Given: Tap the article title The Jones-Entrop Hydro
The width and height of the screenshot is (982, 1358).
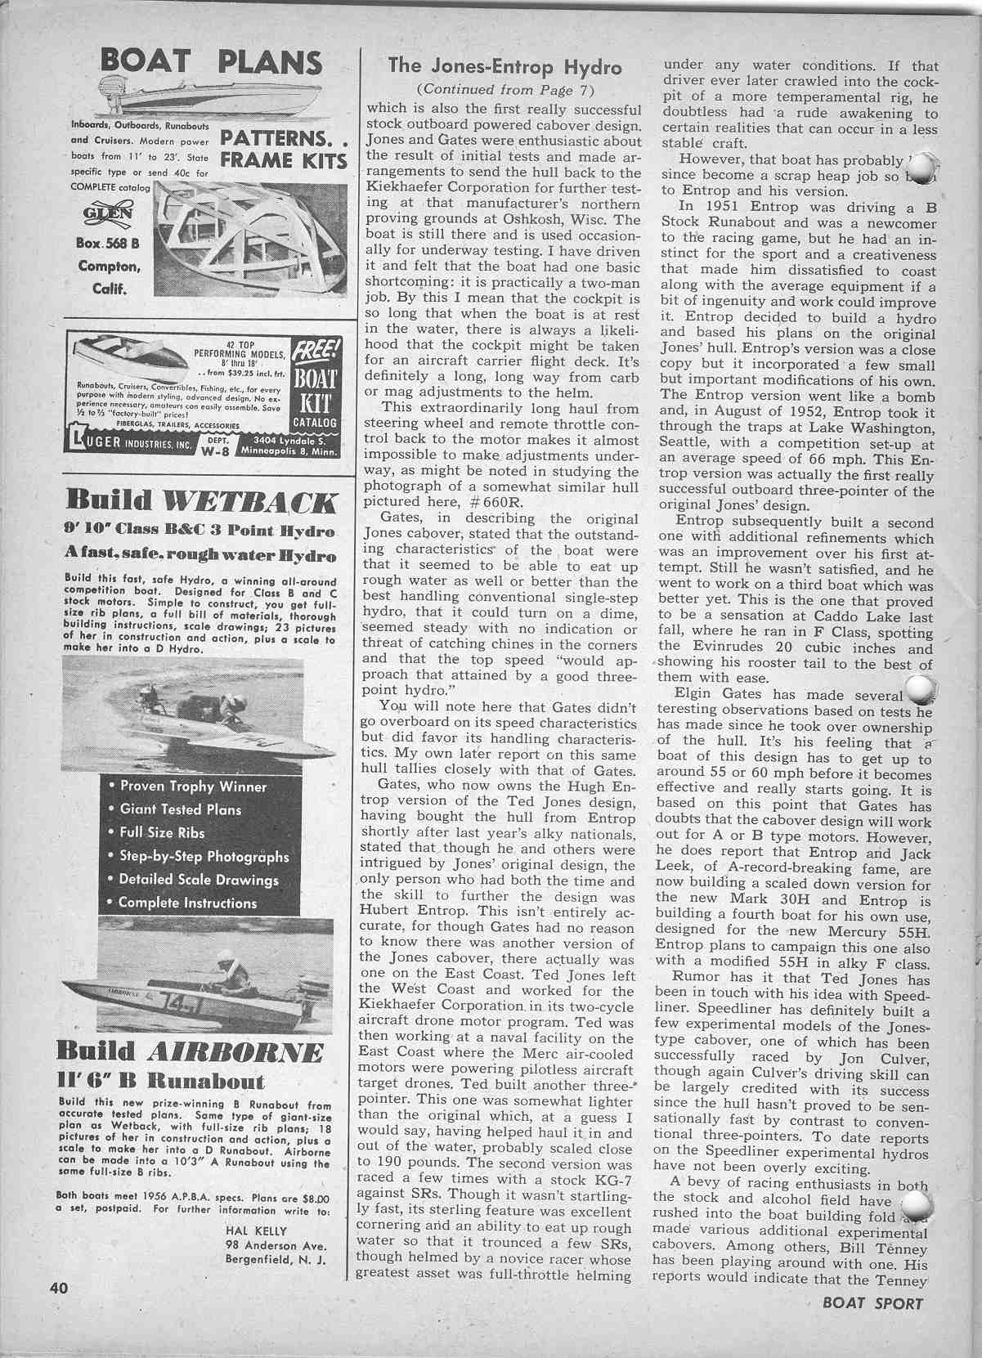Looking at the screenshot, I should (x=504, y=66).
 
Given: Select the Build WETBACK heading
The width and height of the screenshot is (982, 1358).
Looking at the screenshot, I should (x=200, y=500).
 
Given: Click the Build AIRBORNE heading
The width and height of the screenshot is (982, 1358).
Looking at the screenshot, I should (x=188, y=1051).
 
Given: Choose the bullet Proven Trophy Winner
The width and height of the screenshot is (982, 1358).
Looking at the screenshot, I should (x=194, y=787).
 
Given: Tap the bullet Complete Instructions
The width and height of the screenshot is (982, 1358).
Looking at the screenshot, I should (x=187, y=903).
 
